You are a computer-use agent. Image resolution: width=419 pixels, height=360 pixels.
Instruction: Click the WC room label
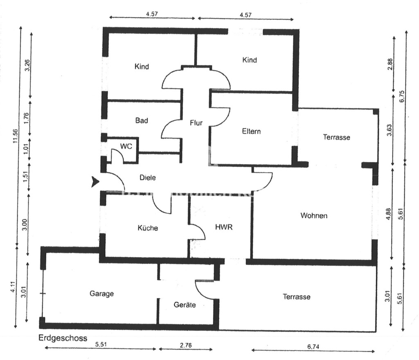click(x=126, y=146)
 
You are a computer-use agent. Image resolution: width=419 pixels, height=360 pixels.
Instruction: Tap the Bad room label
click(x=141, y=121)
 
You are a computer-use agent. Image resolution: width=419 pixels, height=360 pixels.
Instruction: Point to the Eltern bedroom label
click(x=251, y=131)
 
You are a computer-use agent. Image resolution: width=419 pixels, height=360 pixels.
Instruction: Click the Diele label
click(x=148, y=178)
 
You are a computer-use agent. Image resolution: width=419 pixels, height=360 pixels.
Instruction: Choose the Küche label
click(x=148, y=228)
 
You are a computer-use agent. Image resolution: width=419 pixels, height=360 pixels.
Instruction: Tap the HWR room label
click(x=224, y=227)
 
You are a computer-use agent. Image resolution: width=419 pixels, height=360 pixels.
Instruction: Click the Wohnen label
click(x=314, y=215)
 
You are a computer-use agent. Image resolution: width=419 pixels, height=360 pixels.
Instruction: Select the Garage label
click(x=101, y=294)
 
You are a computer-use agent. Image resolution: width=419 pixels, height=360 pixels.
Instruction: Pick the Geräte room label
click(x=185, y=305)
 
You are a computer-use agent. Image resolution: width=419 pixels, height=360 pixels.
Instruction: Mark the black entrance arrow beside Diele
click(x=95, y=182)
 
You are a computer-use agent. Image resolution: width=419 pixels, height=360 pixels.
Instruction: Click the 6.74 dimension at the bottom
click(x=313, y=346)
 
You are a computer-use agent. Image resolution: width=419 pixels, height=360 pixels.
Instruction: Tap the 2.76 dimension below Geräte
click(x=185, y=345)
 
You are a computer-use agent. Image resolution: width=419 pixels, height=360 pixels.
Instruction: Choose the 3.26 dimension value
click(x=27, y=66)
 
